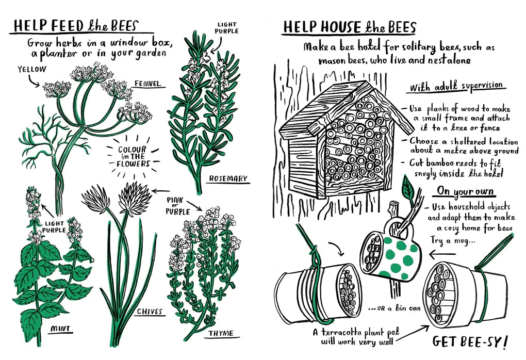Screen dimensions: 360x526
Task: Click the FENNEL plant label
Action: pos(147,83)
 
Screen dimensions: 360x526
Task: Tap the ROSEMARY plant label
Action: pos(228,179)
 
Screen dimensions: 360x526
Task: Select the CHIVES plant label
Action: pos(150,312)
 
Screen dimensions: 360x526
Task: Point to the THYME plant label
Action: pos(221,333)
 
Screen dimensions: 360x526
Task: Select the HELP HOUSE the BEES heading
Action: pos(349,27)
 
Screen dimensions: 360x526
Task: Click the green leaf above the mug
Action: pos(408,189)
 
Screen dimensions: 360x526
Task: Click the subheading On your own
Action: pos(465,191)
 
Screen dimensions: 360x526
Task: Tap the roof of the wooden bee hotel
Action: pos(320,106)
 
